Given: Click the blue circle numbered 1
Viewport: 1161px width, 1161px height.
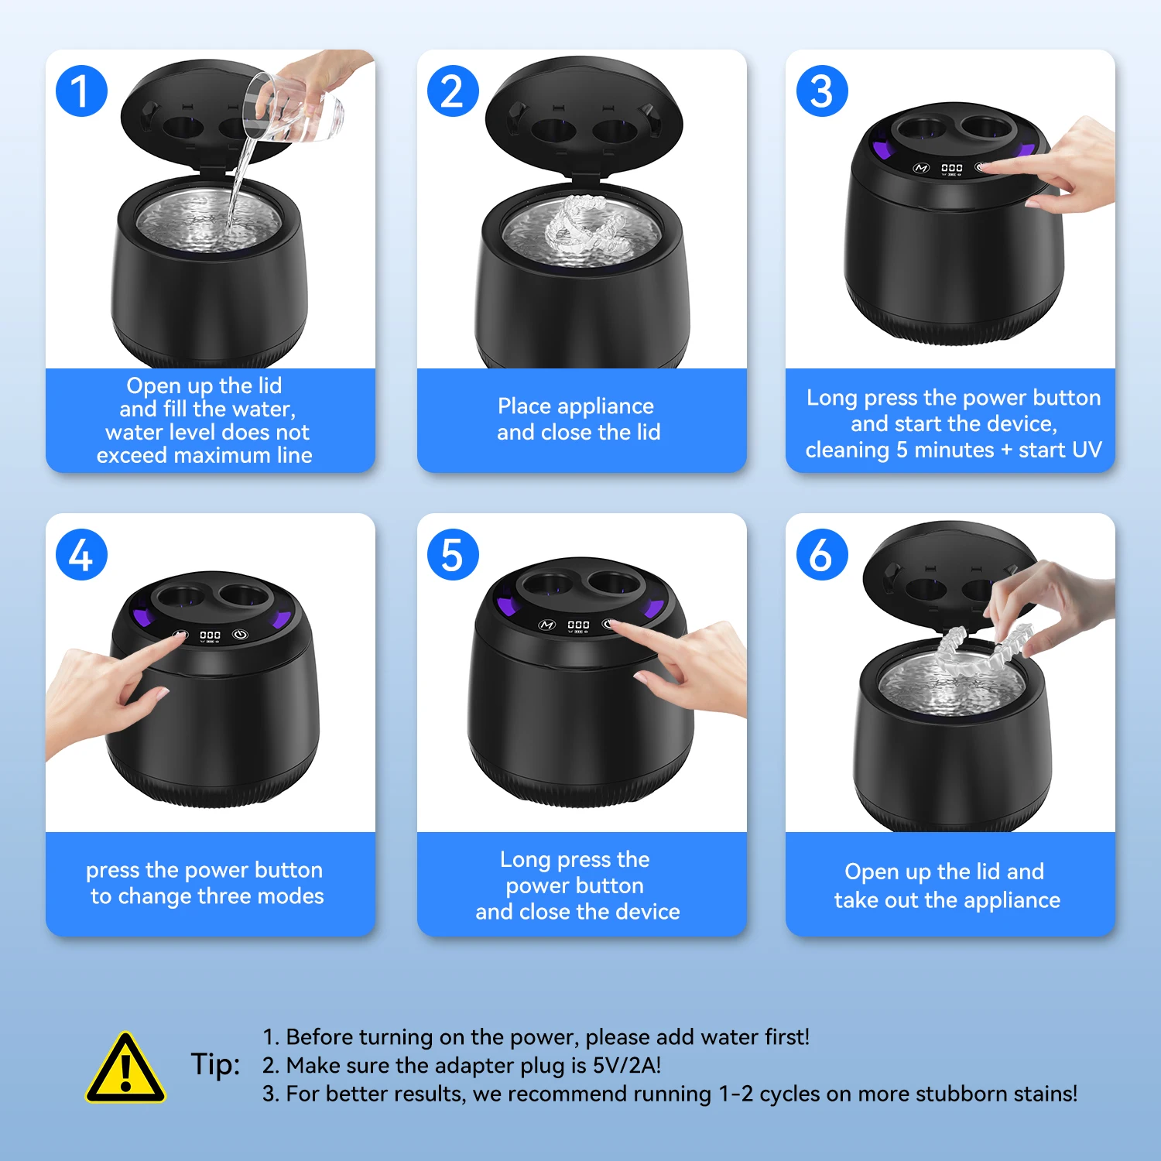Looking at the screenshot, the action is click(81, 91).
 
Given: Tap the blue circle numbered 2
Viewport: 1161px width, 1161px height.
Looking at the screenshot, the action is click(453, 91).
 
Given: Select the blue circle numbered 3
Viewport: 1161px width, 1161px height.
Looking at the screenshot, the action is click(822, 91).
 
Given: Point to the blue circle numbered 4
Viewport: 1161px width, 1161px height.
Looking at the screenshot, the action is click(81, 555).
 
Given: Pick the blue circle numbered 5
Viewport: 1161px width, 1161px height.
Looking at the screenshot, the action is click(453, 555).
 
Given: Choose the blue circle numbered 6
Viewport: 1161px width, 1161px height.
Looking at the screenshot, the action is click(822, 555).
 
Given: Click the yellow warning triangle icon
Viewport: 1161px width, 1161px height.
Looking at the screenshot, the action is click(125, 1068).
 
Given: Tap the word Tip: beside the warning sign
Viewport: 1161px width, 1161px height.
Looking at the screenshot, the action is click(215, 1065).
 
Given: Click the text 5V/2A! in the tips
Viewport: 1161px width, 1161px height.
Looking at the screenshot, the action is click(627, 1066).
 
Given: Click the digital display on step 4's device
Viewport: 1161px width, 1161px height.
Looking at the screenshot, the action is click(210, 636).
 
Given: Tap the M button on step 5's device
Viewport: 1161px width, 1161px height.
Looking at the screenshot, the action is click(547, 625).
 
